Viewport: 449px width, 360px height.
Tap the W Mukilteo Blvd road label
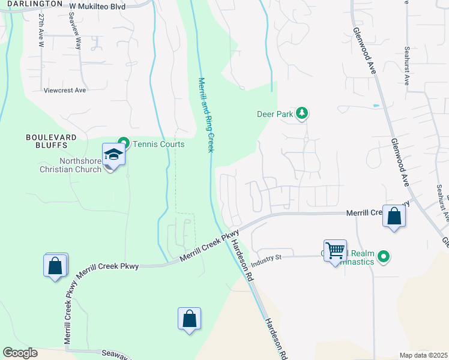click(97, 5)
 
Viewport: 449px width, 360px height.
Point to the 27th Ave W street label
click(41, 31)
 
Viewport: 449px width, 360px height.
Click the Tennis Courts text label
click(158, 144)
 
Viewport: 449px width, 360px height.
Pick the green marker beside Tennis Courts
click(124, 143)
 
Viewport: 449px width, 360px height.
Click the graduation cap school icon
click(113, 155)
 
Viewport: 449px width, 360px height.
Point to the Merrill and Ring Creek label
click(206, 114)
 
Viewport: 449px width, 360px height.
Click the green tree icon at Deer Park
click(303, 113)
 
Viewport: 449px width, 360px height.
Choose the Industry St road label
click(267, 261)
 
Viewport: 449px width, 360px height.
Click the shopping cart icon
click(335, 250)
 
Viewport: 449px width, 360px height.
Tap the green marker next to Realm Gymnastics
click(384, 258)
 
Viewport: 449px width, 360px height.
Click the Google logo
click(20, 353)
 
